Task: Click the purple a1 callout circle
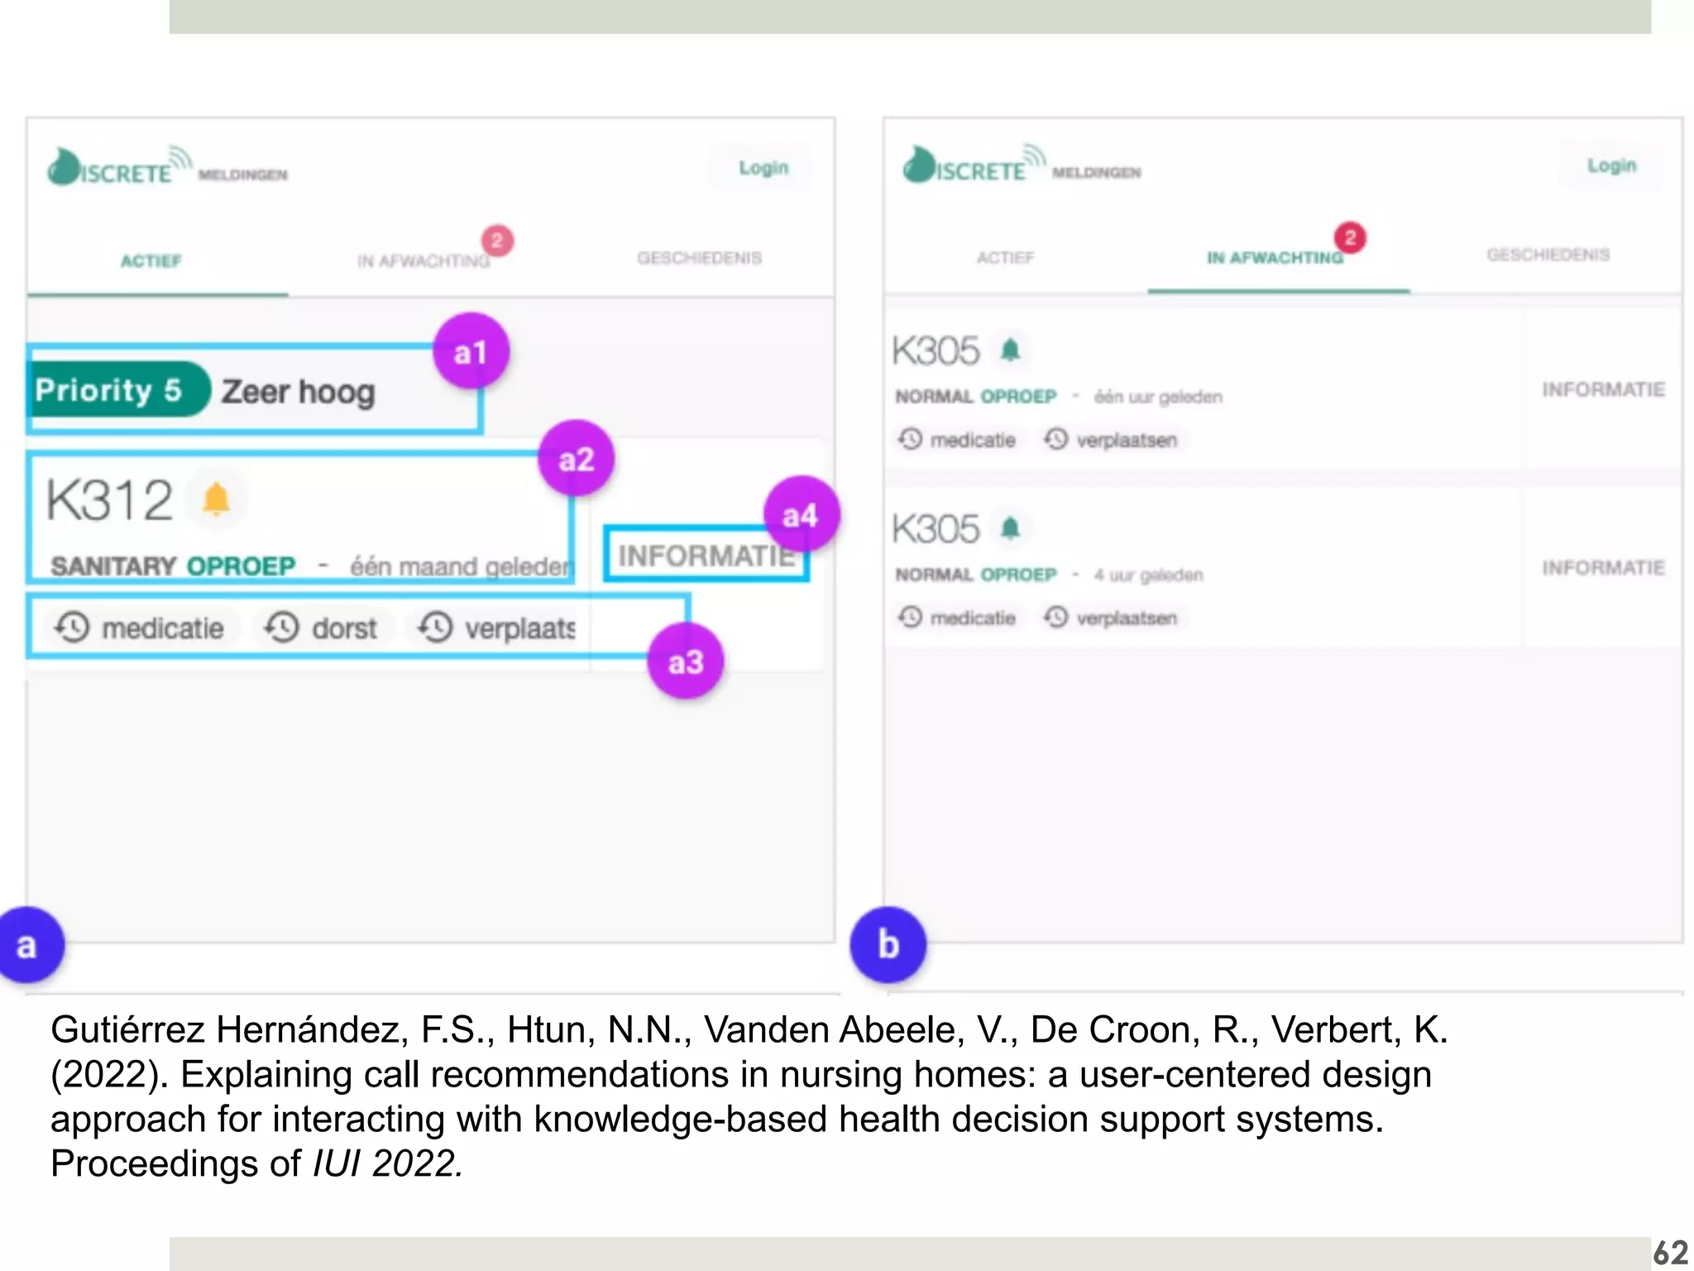coord(471,351)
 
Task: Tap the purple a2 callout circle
coord(576,458)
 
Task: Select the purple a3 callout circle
coord(685,661)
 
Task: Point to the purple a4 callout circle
coord(800,515)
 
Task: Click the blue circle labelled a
coord(28,944)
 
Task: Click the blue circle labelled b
coord(888,944)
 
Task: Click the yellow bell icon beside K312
coord(216,499)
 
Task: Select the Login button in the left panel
coord(763,168)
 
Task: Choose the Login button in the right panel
coord(1610,165)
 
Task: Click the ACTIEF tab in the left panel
coord(151,261)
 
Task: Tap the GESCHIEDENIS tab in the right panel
coord(1548,255)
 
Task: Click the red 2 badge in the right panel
coord(1350,238)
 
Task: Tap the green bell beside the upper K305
coord(1010,350)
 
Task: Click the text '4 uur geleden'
coord(1148,574)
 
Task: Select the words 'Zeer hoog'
coord(298,391)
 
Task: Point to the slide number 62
coord(1669,1252)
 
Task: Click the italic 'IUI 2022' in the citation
coord(386,1163)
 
